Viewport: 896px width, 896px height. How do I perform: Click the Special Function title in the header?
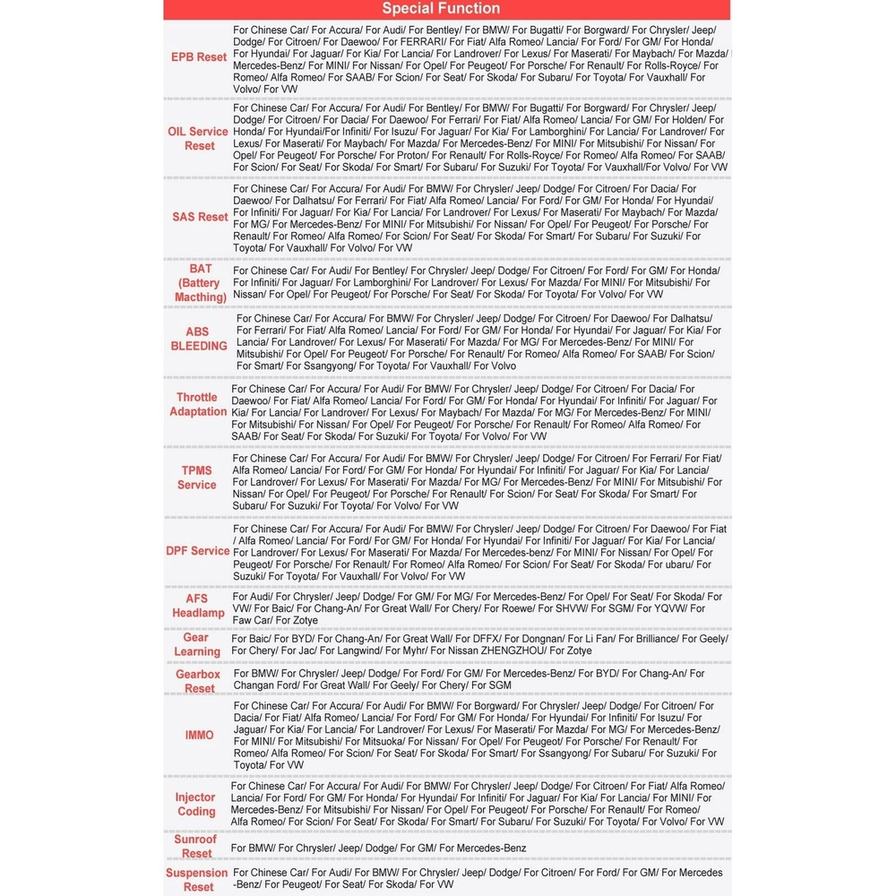pyautogui.click(x=441, y=9)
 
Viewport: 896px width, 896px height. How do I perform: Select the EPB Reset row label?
pyautogui.click(x=199, y=57)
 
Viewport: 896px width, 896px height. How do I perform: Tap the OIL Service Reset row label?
pyautogui.click(x=198, y=138)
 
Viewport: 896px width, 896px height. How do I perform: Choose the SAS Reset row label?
pyautogui.click(x=200, y=217)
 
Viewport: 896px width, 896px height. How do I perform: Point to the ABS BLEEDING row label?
pyautogui.click(x=199, y=339)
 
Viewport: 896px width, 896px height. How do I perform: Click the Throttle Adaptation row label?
pyautogui.click(x=197, y=404)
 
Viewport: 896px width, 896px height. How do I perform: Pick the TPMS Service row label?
pyautogui.click(x=197, y=478)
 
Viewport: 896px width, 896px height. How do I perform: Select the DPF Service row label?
pyautogui.click(x=198, y=551)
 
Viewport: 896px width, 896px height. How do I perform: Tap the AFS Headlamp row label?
pyautogui.click(x=198, y=606)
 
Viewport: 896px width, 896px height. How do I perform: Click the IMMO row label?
pyautogui.click(x=199, y=735)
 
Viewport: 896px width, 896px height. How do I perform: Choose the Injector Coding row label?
pyautogui.click(x=196, y=804)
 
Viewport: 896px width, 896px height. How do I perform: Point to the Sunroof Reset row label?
pyautogui.click(x=195, y=847)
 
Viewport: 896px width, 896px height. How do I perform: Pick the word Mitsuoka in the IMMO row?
pyautogui.click(x=369, y=742)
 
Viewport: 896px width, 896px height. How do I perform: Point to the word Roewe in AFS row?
pyautogui.click(x=515, y=608)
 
